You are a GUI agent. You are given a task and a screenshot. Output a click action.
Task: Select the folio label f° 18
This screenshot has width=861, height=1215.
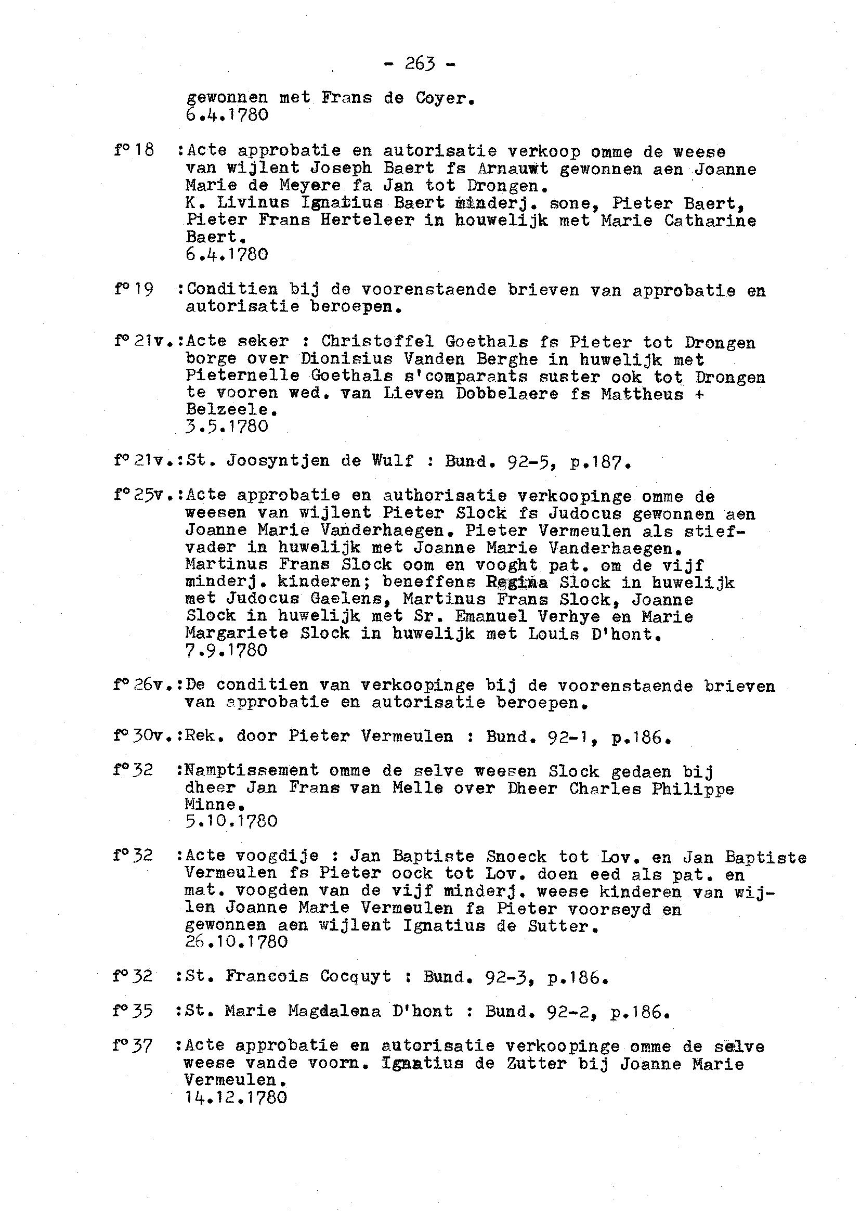(x=134, y=151)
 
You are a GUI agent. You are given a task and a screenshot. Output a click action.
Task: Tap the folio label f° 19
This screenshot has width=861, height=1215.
(x=134, y=289)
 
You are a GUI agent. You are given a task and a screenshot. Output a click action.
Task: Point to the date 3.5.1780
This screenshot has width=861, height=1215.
(x=227, y=426)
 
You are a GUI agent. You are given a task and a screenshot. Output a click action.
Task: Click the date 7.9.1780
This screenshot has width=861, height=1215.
(x=226, y=650)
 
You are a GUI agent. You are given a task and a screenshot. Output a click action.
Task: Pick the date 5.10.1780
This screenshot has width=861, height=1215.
(x=232, y=821)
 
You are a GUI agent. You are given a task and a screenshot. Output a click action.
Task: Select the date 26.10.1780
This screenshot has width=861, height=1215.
(x=237, y=942)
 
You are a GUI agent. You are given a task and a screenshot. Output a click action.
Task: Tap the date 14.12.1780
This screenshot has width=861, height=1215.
(x=236, y=1097)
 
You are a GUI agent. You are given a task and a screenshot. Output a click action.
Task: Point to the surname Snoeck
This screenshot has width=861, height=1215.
(x=516, y=857)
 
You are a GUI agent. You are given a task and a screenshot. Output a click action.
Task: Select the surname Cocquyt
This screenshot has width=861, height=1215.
(x=356, y=976)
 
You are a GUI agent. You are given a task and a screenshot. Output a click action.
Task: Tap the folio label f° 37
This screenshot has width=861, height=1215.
(x=133, y=1046)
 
